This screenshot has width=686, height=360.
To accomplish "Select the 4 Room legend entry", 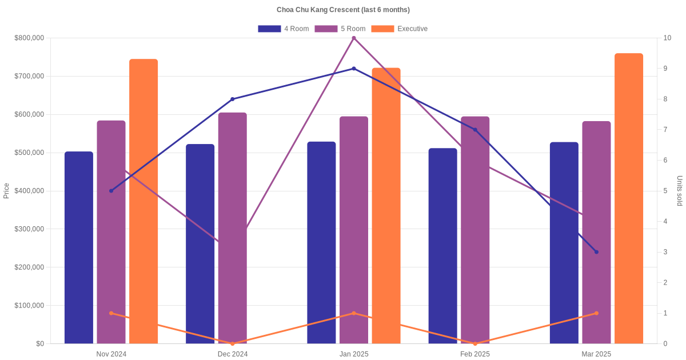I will coord(284,29).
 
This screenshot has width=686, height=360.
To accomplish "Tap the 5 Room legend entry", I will coord(340,29).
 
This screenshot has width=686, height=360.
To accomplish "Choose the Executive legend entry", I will coord(399,29).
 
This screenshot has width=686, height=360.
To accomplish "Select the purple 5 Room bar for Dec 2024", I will coord(232,228).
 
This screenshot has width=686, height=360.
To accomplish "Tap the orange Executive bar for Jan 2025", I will coord(386,206).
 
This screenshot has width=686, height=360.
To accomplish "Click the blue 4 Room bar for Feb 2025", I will coord(442,246).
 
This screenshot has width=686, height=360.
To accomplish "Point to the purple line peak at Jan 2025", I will coord(354,38).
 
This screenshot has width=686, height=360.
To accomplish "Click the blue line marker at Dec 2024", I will coord(233,99).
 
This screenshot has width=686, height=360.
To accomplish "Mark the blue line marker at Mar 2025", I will coord(596,252).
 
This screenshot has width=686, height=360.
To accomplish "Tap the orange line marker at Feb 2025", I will coord(475,343).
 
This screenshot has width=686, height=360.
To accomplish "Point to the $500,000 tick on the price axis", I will coord(29,153).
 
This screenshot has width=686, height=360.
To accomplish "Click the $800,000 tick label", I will coord(29,38).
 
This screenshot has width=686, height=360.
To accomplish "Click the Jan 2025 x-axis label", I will coord(354,354).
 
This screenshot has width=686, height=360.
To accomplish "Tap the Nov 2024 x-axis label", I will coord(111,354).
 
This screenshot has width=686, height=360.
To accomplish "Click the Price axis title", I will coord(6,191).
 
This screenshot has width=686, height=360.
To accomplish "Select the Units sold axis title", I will coord(680,191).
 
